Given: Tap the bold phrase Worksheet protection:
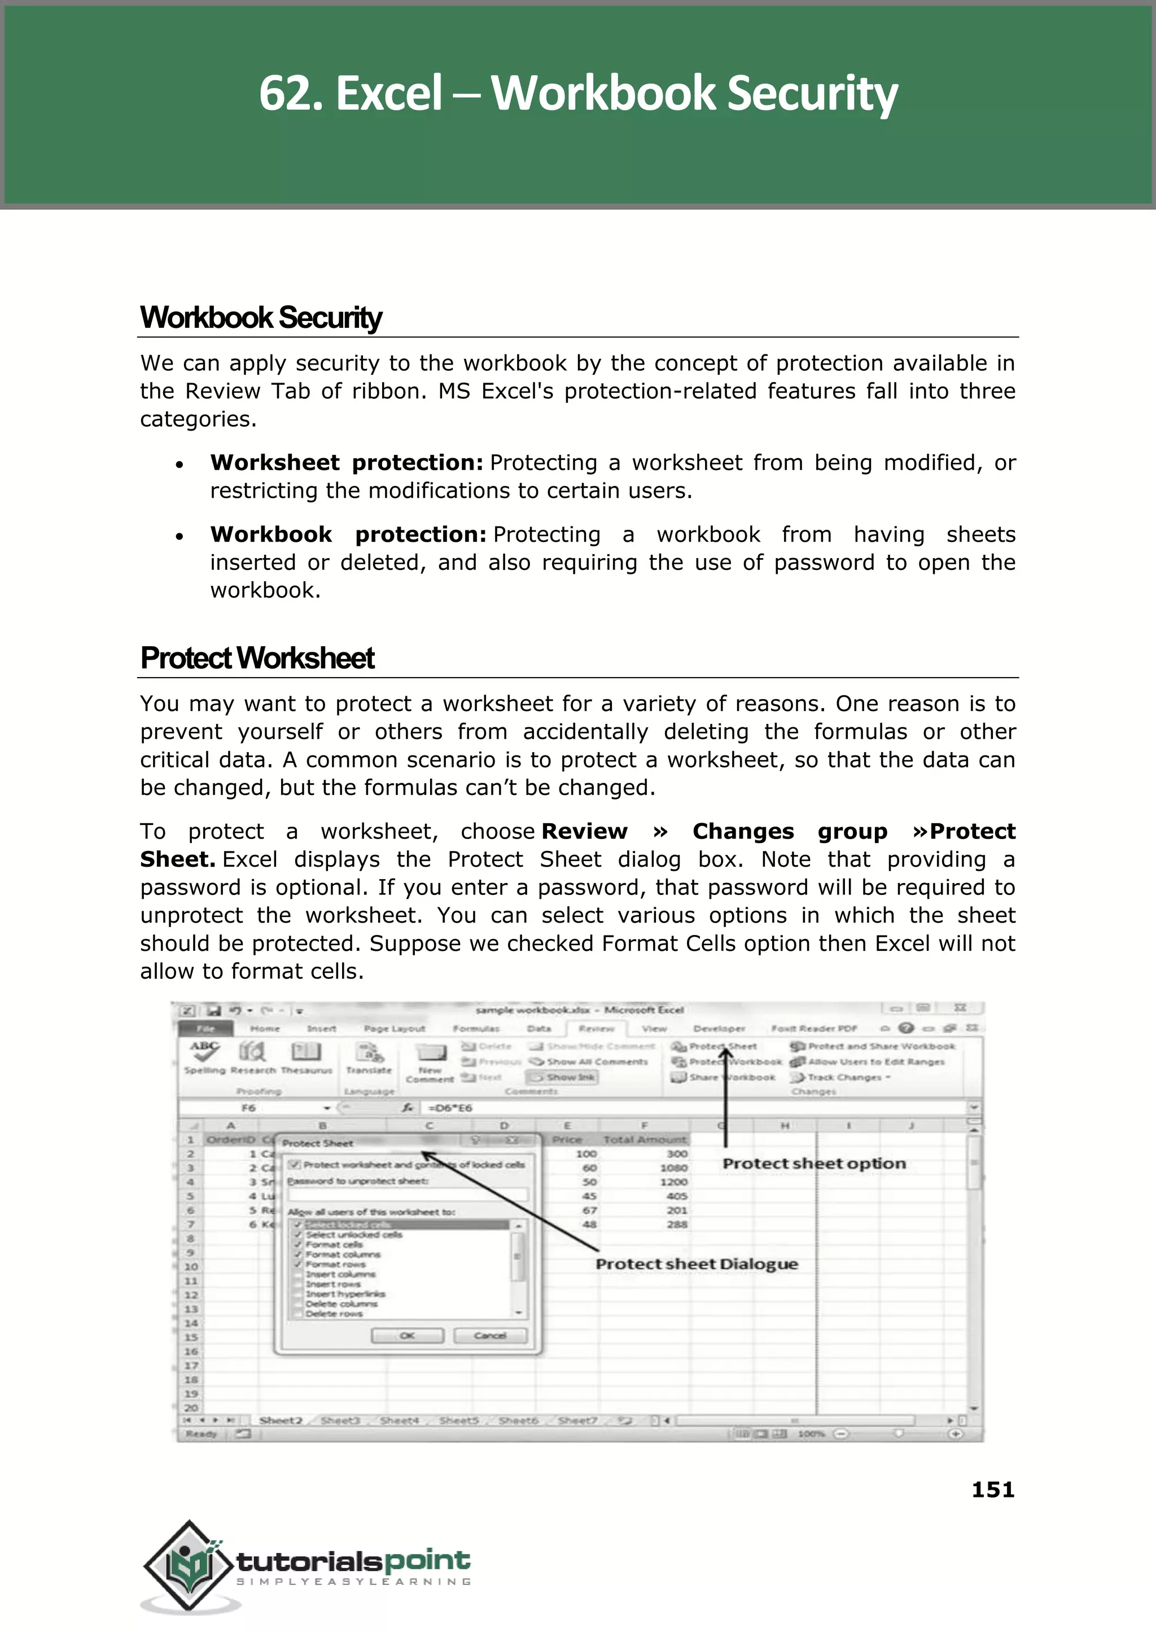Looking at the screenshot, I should [x=347, y=463].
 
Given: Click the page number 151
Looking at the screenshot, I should [x=992, y=1489].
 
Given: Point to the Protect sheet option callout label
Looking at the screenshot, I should [x=813, y=1164].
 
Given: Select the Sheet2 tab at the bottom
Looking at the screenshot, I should [x=281, y=1420].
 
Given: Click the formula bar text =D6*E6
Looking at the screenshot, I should [x=450, y=1108].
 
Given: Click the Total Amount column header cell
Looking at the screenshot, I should [x=644, y=1140].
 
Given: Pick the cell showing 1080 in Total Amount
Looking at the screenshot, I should [x=673, y=1167].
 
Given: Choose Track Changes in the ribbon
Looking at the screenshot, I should [x=843, y=1077].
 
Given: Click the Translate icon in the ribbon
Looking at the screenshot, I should [x=369, y=1055].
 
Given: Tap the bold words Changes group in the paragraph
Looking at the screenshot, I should [x=790, y=832].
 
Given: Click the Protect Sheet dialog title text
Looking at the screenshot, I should [x=317, y=1143].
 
